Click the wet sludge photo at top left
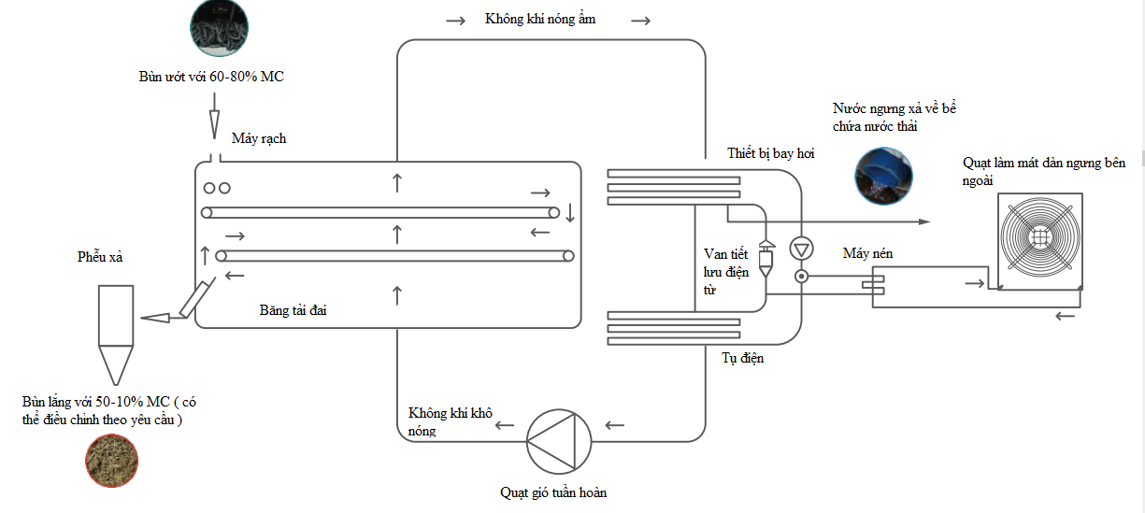tap(219, 28)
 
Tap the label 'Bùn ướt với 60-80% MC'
tap(211, 77)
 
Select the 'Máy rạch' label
tap(259, 138)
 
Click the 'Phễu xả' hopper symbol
tap(116, 333)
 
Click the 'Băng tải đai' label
tap(293, 310)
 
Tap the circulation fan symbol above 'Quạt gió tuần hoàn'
tap(559, 440)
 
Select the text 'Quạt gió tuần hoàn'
tap(552, 492)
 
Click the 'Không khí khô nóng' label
tap(450, 421)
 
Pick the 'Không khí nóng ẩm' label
tap(540, 19)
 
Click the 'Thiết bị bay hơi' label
tap(770, 153)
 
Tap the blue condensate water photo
tap(883, 176)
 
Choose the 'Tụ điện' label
tap(742, 357)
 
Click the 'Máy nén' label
tap(867, 253)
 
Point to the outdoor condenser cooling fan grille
tap(1039, 238)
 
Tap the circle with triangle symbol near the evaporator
tap(801, 249)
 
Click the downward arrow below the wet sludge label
tap(214, 121)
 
